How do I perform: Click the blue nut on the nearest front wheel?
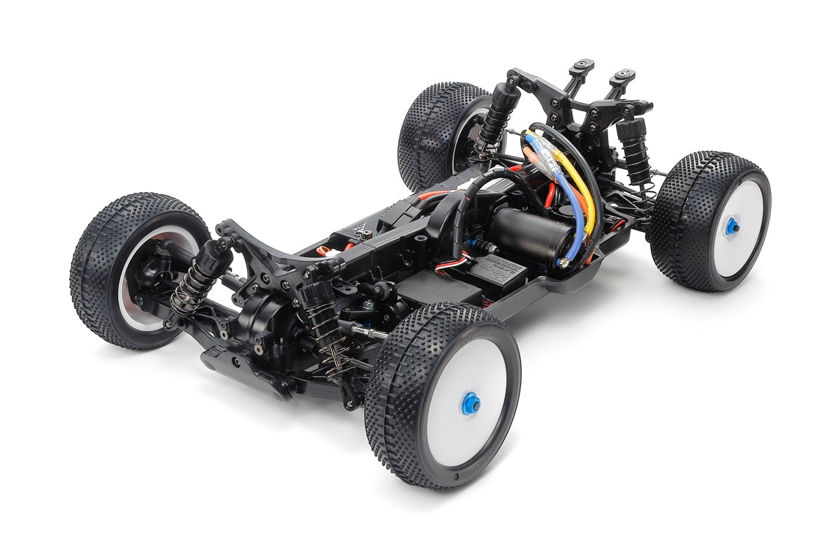(x=469, y=403)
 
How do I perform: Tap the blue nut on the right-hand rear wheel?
(x=731, y=226)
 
